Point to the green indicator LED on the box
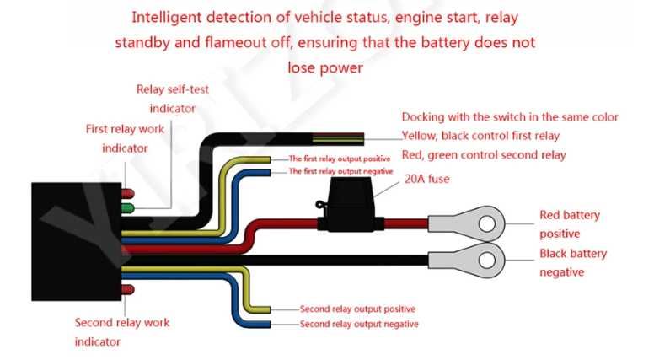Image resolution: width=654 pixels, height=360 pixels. click(x=128, y=207)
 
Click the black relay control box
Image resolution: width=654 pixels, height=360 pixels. click(x=76, y=240)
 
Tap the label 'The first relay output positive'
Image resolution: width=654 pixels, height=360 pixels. click(x=340, y=159)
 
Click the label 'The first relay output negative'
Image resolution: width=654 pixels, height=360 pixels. click(x=340, y=171)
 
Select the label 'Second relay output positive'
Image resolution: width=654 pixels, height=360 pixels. click(x=357, y=309)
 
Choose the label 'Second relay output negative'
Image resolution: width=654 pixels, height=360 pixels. click(x=358, y=324)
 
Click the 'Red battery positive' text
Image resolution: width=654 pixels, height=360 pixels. click(x=569, y=223)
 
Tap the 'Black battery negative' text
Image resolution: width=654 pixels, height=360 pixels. click(x=572, y=262)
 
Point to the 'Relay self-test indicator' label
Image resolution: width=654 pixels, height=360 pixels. click(x=172, y=99)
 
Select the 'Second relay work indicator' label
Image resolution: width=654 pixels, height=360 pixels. click(x=121, y=332)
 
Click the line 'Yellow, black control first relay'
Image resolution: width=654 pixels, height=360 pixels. click(x=480, y=136)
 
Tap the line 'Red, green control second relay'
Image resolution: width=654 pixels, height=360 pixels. click(x=483, y=155)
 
